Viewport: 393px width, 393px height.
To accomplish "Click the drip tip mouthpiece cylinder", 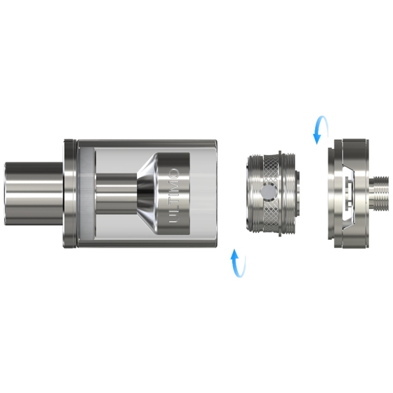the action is point(34,194).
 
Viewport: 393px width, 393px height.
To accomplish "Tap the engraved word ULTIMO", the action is point(174,196).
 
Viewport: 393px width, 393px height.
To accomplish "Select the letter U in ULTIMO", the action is point(174,218).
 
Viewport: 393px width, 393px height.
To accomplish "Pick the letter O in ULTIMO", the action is point(174,173).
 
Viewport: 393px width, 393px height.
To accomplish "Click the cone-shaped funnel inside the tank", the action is point(147,194).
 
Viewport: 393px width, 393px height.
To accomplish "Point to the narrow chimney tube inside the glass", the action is point(116,194).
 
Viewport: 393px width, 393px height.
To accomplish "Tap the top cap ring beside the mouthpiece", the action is point(70,194).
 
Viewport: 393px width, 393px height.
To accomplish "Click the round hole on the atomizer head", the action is point(267,192).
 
